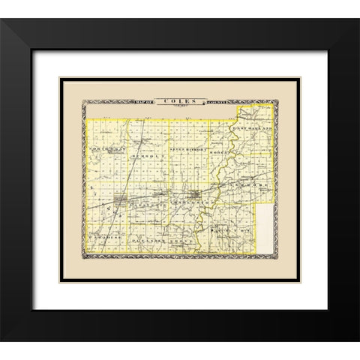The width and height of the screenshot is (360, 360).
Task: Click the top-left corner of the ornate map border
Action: coord(83,103)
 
